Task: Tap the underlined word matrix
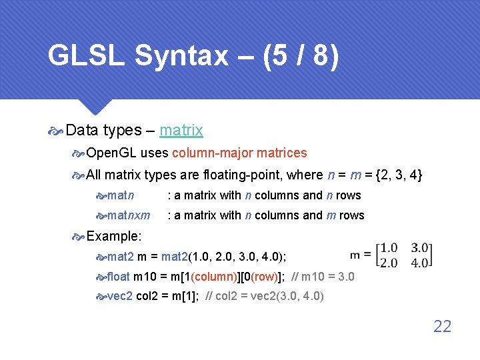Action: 181,130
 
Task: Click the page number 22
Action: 442,326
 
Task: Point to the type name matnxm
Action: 129,215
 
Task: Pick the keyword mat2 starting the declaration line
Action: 121,256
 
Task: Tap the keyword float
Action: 119,276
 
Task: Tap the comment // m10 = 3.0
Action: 323,276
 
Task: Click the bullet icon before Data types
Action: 56,131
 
